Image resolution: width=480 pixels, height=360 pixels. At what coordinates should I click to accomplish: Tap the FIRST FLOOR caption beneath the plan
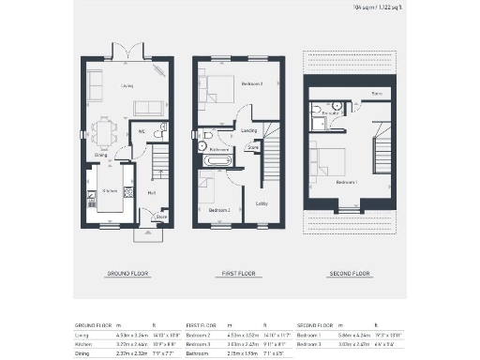click(238, 274)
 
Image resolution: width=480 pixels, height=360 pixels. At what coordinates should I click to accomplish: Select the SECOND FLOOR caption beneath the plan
click(349, 274)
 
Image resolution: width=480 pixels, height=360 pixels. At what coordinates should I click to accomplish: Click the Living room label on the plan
click(127, 86)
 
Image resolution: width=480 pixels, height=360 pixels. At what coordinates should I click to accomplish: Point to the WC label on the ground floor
click(142, 132)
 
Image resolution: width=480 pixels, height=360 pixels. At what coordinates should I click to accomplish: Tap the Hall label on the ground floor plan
click(150, 192)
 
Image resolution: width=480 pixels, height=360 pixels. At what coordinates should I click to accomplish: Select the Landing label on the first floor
click(248, 130)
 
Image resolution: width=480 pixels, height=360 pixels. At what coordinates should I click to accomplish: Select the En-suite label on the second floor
click(329, 112)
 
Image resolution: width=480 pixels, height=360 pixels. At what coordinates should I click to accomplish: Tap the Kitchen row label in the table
click(83, 343)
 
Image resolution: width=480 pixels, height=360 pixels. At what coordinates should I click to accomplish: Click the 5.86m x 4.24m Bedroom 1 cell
click(351, 333)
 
